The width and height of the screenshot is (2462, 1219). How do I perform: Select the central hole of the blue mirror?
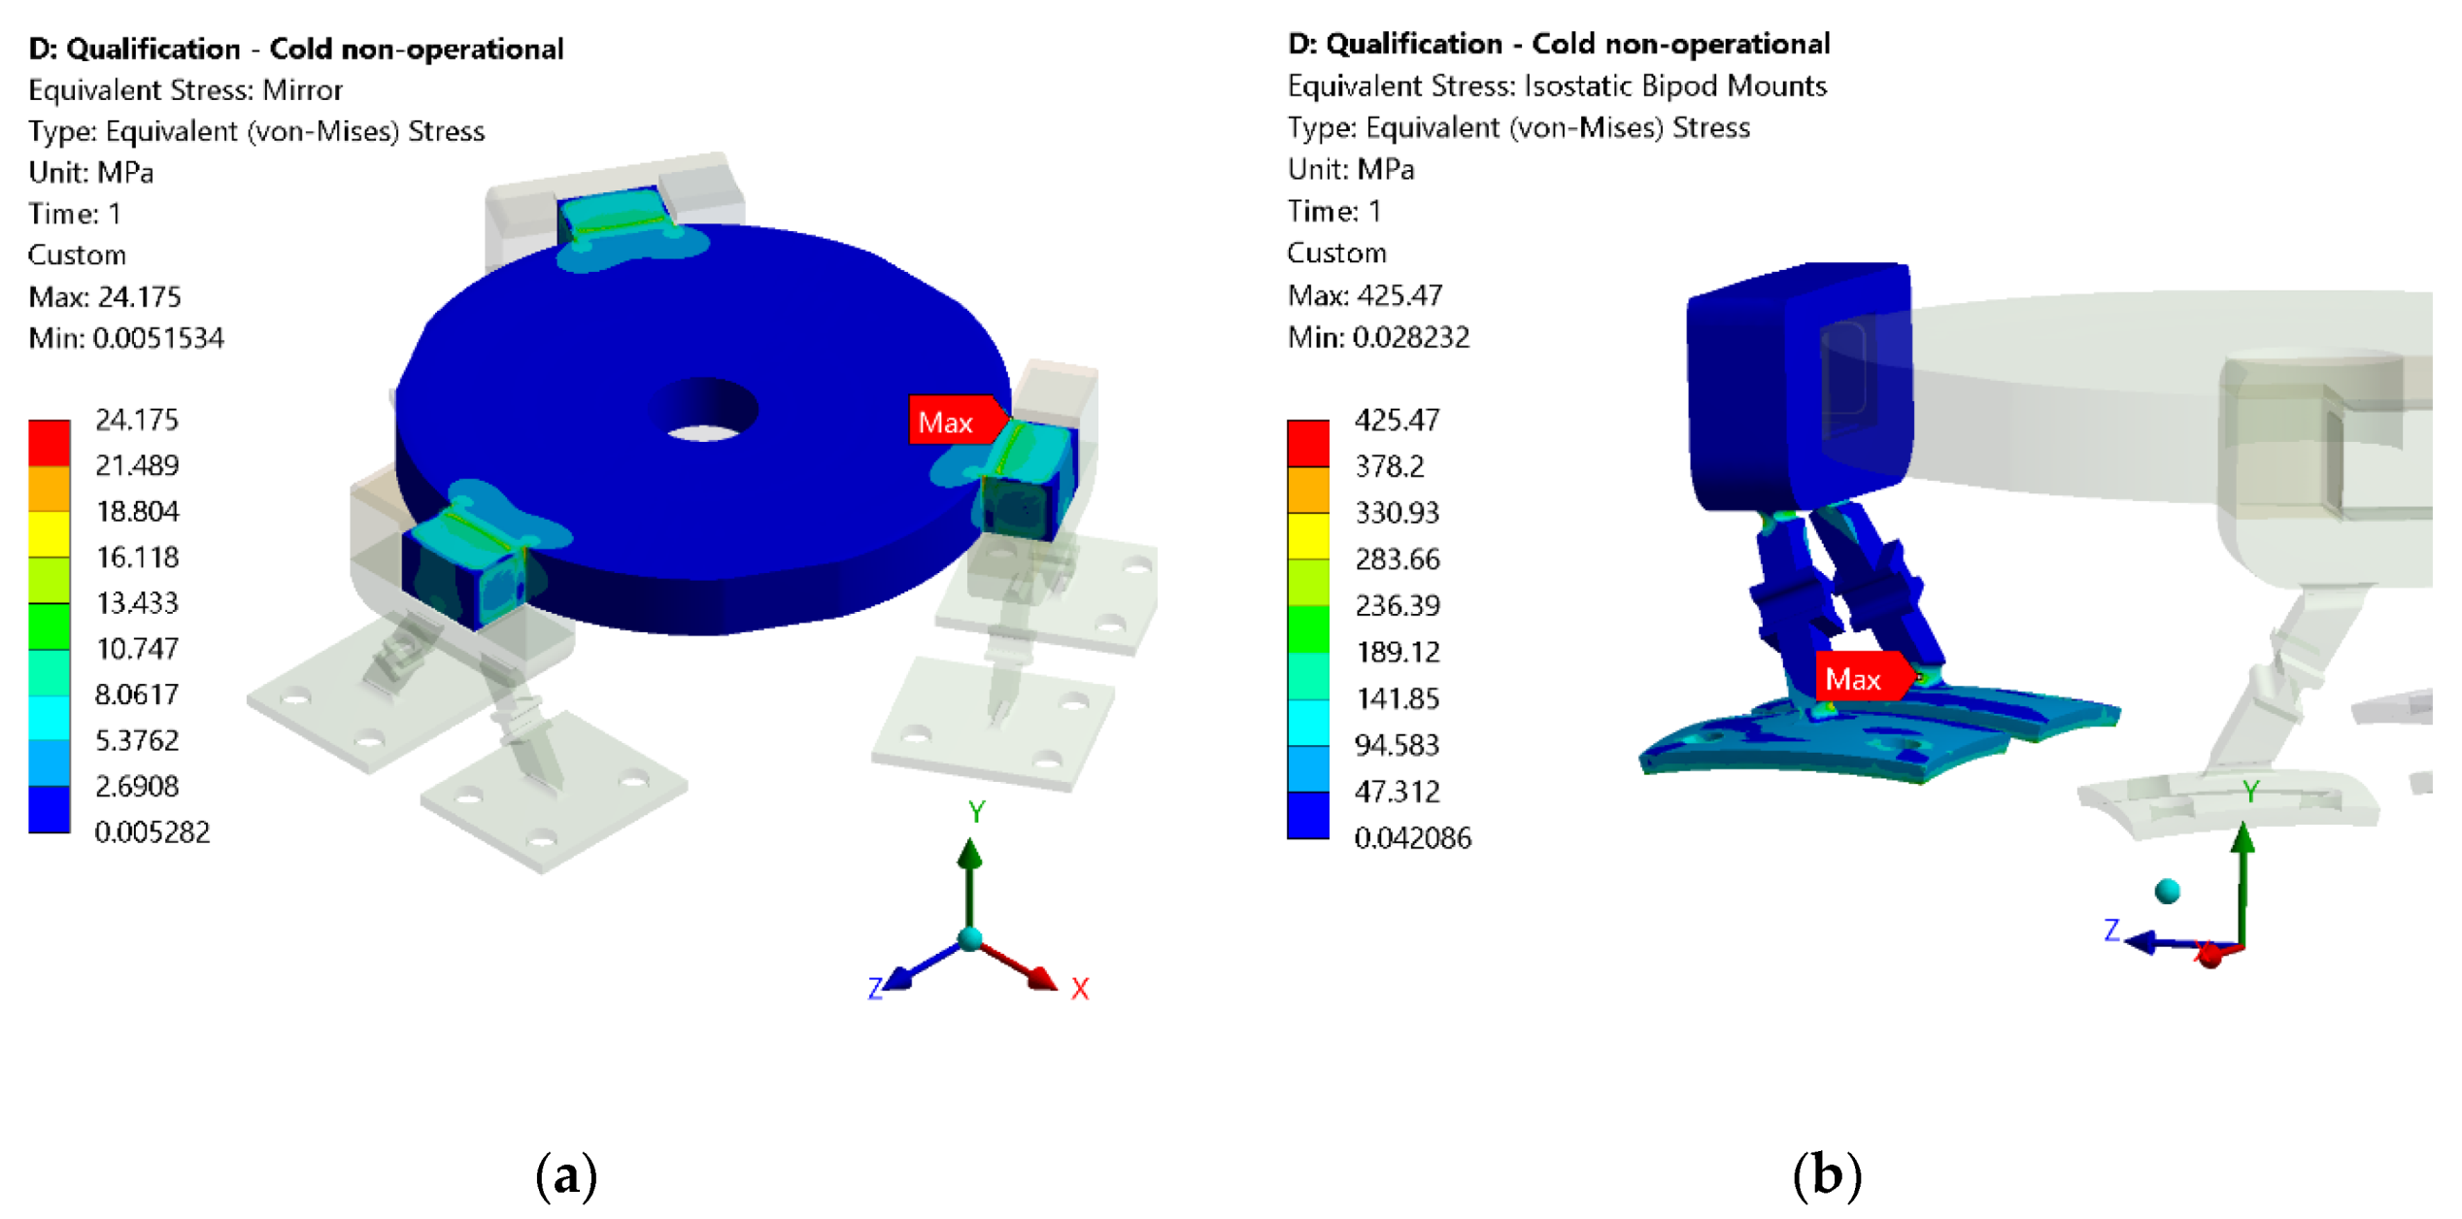click(707, 414)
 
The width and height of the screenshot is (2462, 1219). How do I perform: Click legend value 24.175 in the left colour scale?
click(137, 420)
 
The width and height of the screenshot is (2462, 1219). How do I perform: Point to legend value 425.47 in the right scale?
click(1397, 420)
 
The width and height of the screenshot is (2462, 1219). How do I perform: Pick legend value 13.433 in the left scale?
click(137, 602)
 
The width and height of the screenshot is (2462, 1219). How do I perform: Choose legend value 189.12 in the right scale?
click(1397, 651)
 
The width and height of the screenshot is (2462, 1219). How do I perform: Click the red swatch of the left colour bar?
click(49, 443)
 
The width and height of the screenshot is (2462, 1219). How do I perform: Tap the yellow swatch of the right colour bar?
click(1307, 535)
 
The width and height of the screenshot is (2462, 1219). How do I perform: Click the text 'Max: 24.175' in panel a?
click(105, 296)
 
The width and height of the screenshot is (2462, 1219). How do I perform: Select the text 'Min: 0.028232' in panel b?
click(1377, 337)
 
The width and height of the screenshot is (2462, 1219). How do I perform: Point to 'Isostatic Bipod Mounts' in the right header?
click(1674, 85)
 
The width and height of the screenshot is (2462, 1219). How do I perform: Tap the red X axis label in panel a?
click(1080, 988)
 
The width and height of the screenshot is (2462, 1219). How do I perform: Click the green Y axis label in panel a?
click(976, 811)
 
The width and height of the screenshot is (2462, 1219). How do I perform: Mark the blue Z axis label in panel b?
click(2111, 930)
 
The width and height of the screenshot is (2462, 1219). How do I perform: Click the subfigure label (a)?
click(566, 1174)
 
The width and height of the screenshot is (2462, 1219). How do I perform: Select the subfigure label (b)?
click(1826, 1174)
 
